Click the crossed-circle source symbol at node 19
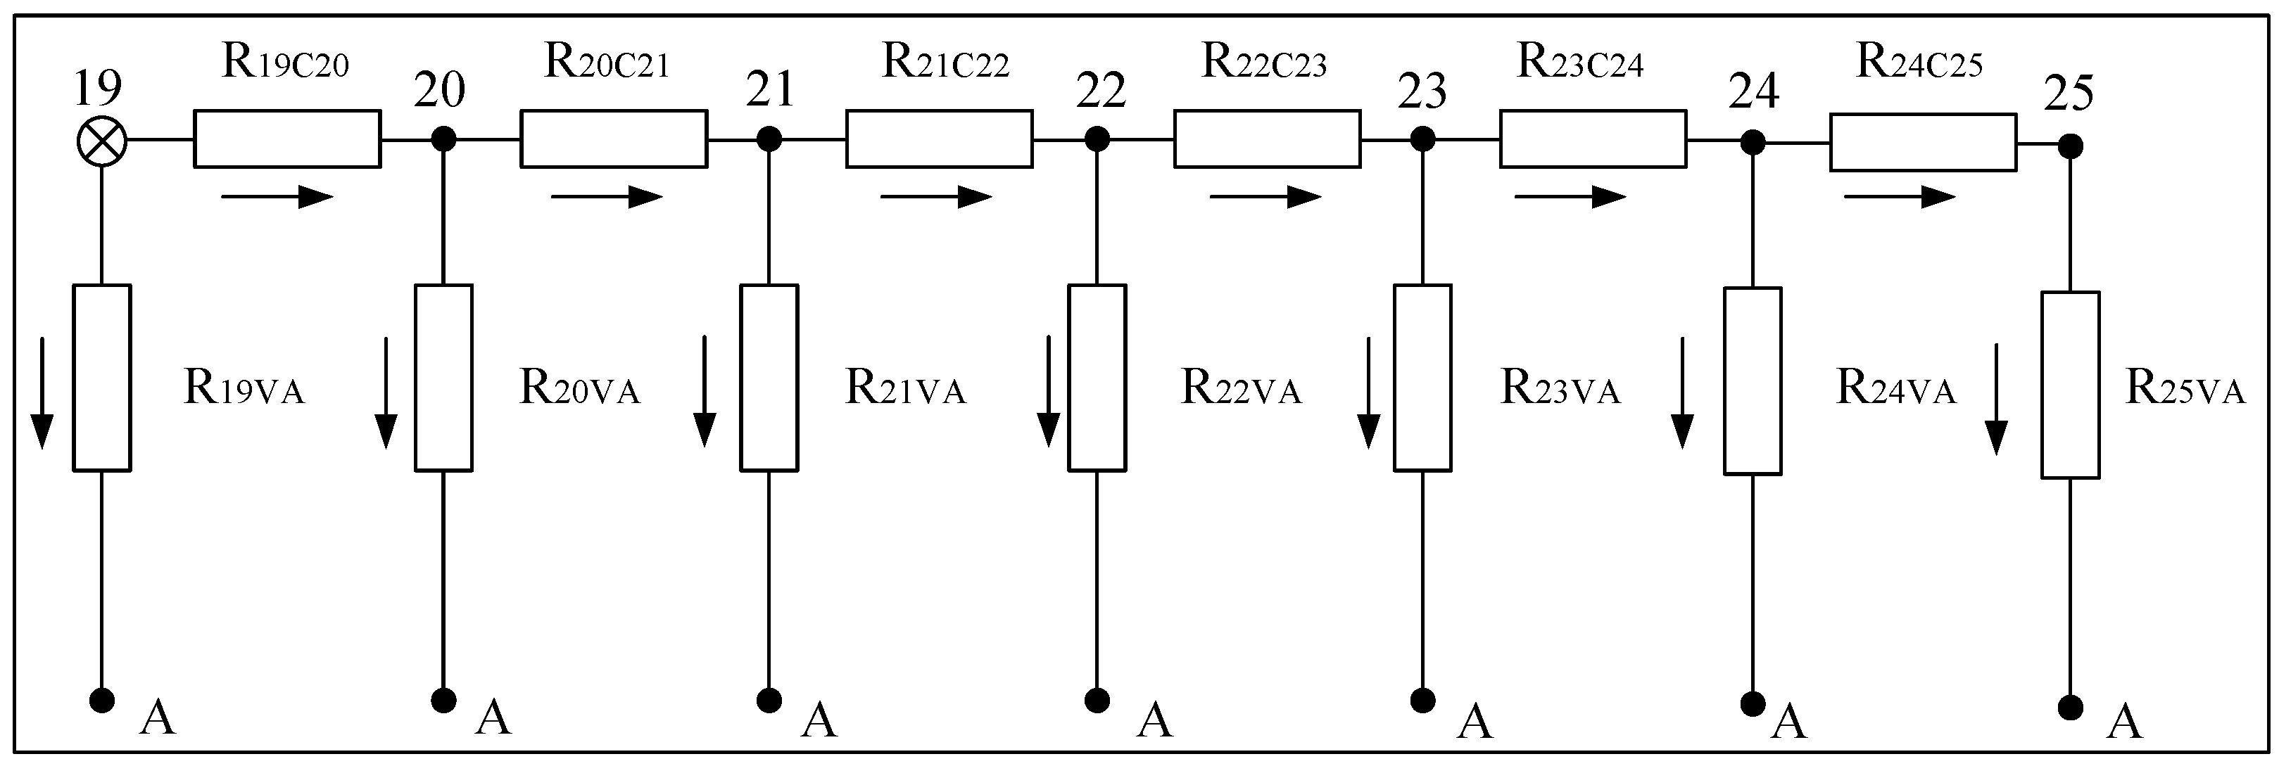point(102,141)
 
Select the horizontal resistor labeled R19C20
point(288,139)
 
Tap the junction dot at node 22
point(1097,139)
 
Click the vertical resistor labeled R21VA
point(769,378)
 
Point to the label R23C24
point(1580,63)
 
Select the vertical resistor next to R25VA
point(2070,385)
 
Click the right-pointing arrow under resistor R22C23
point(1265,196)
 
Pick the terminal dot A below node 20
point(443,701)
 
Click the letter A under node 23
point(1475,720)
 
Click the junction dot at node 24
point(1752,141)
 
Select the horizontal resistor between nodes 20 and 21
point(613,139)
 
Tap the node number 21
point(770,90)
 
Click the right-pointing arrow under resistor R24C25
point(1900,196)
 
